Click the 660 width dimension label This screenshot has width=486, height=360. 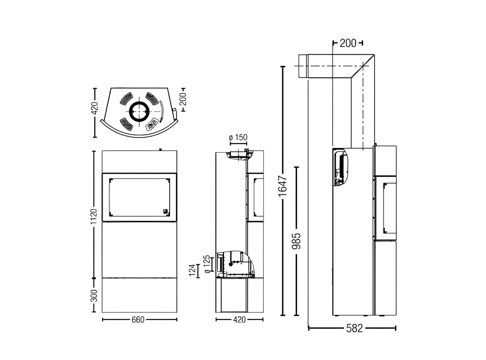coord(138,320)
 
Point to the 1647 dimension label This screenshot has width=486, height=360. coord(283,186)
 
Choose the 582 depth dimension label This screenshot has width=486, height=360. coord(354,328)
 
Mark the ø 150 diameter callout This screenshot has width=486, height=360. coord(238,137)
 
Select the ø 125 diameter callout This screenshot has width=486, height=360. coord(208,264)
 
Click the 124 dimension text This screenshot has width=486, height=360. coord(192,270)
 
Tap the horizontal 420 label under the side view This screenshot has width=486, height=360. coord(239,320)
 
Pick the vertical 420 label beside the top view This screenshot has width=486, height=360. coord(95,108)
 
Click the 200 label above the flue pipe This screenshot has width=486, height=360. coord(348,43)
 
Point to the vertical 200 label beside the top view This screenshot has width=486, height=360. coord(183,98)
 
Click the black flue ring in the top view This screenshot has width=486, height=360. coord(139,111)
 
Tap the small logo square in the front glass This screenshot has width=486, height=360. coord(165,211)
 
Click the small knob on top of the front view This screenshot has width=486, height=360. coord(160,149)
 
